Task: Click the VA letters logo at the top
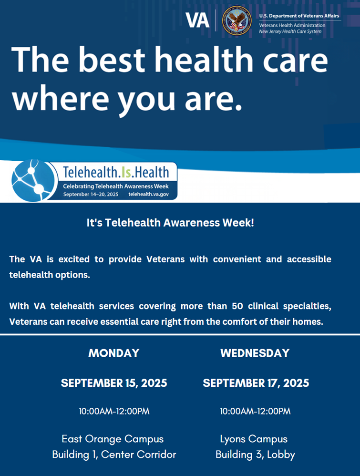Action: tap(197, 20)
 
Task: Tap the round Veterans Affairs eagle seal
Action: tap(237, 21)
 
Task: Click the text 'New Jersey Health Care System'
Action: tap(290, 31)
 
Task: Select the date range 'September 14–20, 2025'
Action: tap(91, 195)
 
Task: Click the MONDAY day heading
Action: tap(114, 353)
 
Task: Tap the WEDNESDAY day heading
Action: tap(255, 353)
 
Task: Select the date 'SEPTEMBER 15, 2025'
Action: tap(114, 383)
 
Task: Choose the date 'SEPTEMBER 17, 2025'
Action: tap(256, 383)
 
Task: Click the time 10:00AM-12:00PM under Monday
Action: tap(114, 411)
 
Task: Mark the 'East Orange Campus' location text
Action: tap(113, 439)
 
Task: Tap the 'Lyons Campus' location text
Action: tap(254, 439)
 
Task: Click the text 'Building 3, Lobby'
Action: tap(255, 455)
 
